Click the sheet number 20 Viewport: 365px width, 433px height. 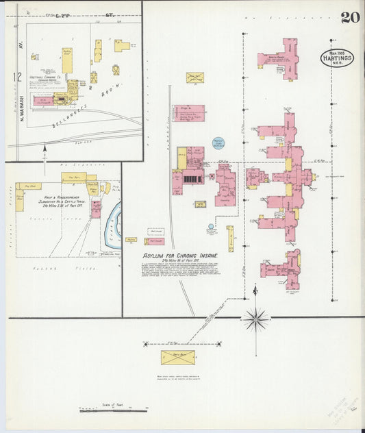click(x=350, y=17)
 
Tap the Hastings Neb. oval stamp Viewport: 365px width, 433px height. click(x=337, y=58)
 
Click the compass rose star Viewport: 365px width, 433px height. click(x=255, y=318)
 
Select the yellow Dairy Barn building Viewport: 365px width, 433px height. click(x=177, y=357)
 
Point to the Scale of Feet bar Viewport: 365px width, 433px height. click(x=114, y=410)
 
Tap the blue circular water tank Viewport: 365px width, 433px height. click(x=218, y=143)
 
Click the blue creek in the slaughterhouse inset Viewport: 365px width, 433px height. click(x=113, y=219)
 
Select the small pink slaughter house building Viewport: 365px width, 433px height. click(x=95, y=208)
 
